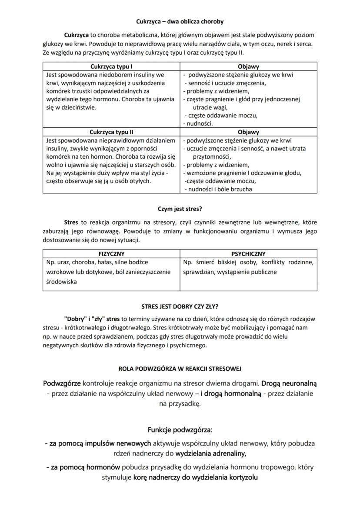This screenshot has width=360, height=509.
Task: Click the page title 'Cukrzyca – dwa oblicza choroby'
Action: (x=180, y=21)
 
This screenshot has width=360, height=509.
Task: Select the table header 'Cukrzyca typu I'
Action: (x=111, y=67)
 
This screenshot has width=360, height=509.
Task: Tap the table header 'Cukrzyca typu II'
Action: (x=111, y=132)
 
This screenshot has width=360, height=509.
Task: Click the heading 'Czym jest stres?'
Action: (x=180, y=208)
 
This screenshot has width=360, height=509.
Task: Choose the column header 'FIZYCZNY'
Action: (x=111, y=254)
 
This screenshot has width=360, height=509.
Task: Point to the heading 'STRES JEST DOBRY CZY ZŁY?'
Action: (x=180, y=306)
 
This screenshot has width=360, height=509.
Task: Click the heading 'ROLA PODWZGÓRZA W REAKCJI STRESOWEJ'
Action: (x=180, y=369)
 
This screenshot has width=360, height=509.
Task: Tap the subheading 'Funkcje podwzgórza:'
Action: (x=180, y=430)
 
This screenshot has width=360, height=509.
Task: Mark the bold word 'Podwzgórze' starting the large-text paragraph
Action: (x=62, y=383)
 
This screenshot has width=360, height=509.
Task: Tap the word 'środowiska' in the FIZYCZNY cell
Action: (x=61, y=282)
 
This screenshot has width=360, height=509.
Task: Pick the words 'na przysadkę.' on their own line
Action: (x=180, y=403)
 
